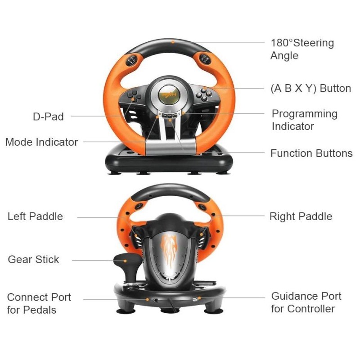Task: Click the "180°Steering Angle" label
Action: [302, 49]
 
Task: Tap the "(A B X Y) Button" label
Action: [310, 88]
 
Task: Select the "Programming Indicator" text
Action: [305, 120]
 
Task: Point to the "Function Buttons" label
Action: [311, 153]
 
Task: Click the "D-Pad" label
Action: [48, 117]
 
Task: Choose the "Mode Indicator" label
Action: [41, 142]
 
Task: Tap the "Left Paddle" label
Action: [35, 216]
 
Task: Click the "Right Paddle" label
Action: [301, 216]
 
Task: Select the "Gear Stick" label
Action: [33, 260]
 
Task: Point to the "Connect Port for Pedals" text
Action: [39, 303]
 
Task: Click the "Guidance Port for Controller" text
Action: [306, 302]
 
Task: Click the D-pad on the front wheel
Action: [133, 96]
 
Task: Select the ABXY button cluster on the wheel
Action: [203, 94]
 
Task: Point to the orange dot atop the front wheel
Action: [173, 42]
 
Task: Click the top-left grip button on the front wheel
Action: [132, 60]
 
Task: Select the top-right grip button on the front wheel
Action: [205, 59]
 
